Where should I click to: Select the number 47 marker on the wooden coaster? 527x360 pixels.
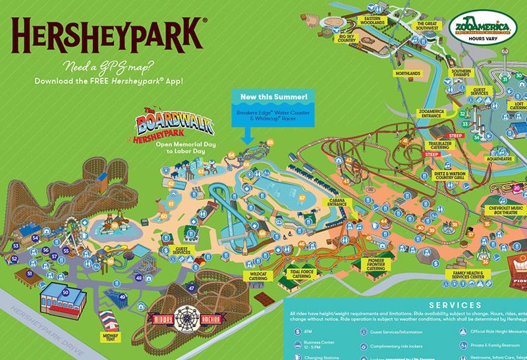(191, 287)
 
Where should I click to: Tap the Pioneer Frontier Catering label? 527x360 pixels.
(375, 265)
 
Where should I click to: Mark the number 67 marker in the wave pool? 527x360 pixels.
(303, 197)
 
